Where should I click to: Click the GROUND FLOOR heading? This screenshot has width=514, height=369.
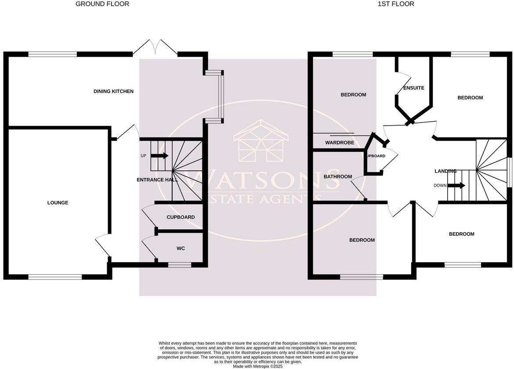click(102, 4)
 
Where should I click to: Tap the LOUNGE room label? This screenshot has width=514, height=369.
click(58, 203)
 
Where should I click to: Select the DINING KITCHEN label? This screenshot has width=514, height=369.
click(113, 91)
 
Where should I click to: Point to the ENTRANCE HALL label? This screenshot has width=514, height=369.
click(157, 180)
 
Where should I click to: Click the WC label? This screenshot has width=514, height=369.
click(181, 249)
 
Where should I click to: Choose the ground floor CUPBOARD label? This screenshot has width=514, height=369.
click(181, 217)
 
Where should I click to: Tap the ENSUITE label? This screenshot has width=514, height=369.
click(414, 88)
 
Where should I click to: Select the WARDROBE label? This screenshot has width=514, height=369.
click(340, 143)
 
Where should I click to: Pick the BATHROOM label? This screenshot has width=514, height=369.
click(338, 177)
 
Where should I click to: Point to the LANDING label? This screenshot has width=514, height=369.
click(445, 171)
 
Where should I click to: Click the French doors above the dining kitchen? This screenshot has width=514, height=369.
click(155, 48)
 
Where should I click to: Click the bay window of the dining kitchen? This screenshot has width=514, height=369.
click(218, 97)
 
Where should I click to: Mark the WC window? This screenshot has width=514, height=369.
click(179, 265)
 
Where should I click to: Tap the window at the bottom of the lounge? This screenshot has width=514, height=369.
click(55, 277)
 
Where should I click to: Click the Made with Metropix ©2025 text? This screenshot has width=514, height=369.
click(258, 366)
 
